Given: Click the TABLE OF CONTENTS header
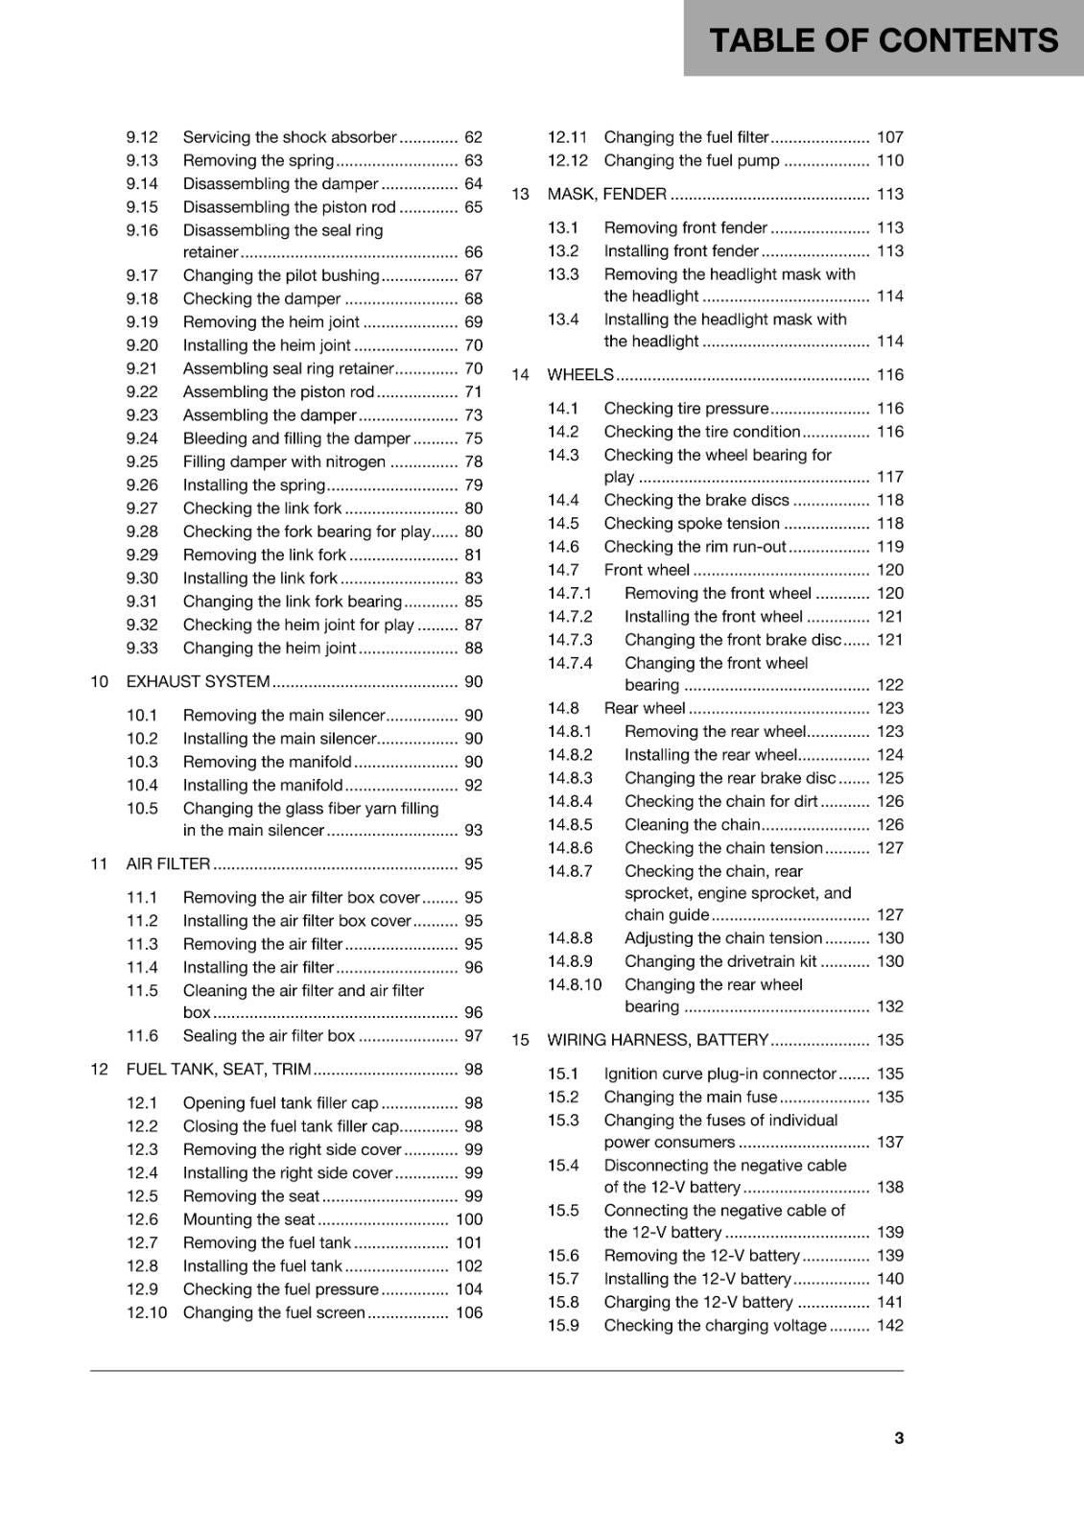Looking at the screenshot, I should pyautogui.click(x=883, y=40).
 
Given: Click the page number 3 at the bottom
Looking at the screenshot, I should pyautogui.click(x=898, y=1437).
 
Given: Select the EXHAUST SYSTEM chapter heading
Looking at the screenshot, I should pyautogui.click(x=198, y=681).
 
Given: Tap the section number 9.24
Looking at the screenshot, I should pyautogui.click(x=142, y=438).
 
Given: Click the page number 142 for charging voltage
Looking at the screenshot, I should pyautogui.click(x=889, y=1325).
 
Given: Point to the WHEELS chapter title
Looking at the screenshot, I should pyautogui.click(x=579, y=374).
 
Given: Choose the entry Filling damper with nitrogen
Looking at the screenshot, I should pyautogui.click(x=284, y=461).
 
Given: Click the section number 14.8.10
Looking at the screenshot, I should pyautogui.click(x=575, y=984).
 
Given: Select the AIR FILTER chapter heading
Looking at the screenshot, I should pyautogui.click(x=168, y=863).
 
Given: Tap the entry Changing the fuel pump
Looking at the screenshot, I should pyautogui.click(x=691, y=160).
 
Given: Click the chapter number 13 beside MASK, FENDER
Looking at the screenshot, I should pyautogui.click(x=520, y=194).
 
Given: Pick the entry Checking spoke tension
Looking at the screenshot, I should pyautogui.click(x=691, y=523).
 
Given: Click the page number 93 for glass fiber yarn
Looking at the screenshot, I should pyautogui.click(x=473, y=830).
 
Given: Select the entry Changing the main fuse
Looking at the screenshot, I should pyautogui.click(x=690, y=1097).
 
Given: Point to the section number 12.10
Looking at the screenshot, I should pyautogui.click(x=146, y=1312).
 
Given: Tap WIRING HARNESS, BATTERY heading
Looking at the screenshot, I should pyautogui.click(x=657, y=1040).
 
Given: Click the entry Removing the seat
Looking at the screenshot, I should pyautogui.click(x=250, y=1195).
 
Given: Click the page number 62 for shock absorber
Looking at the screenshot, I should pyautogui.click(x=473, y=137).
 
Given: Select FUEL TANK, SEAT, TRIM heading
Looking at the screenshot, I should pyautogui.click(x=218, y=1069).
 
